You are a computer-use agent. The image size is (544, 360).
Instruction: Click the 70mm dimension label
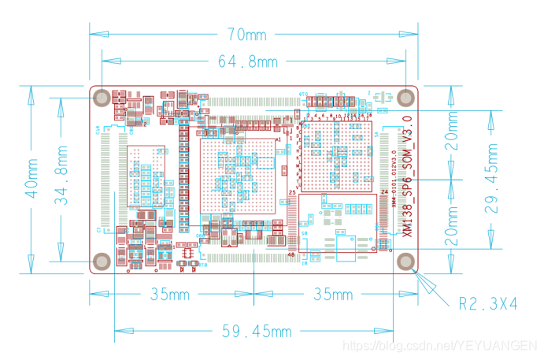[x=246, y=35]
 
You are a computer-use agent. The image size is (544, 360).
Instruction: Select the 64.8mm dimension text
[x=246, y=61]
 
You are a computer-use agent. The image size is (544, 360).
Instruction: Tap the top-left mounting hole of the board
[x=102, y=98]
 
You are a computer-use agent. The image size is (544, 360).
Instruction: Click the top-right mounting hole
[x=405, y=97]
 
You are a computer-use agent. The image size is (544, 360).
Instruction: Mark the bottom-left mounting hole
[x=102, y=262]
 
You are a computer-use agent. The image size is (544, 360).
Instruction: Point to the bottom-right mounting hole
[x=405, y=262]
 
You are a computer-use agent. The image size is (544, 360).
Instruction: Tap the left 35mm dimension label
[x=171, y=295]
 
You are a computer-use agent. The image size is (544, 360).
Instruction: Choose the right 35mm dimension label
[x=333, y=295]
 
